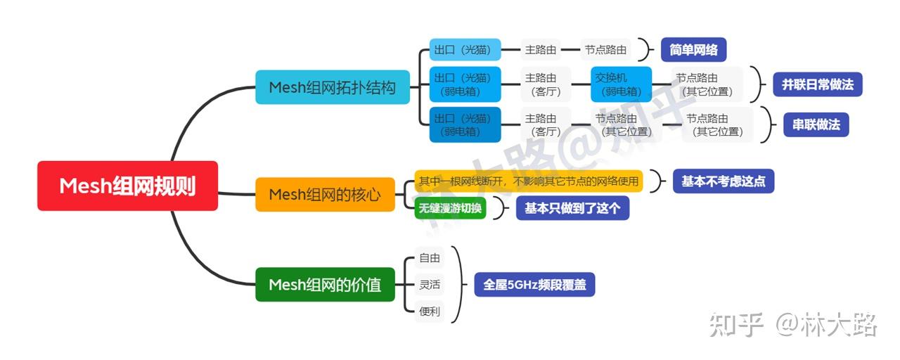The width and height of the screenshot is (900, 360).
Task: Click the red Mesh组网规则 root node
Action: [127, 186]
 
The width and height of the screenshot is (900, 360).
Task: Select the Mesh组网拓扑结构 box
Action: [332, 87]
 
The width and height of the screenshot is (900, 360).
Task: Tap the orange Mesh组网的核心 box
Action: [325, 194]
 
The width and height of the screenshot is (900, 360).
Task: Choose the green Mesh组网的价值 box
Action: [325, 284]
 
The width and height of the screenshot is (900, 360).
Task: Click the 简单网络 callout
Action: [693, 50]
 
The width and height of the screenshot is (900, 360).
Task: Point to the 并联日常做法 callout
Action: [817, 84]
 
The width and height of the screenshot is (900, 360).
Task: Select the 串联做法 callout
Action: [816, 124]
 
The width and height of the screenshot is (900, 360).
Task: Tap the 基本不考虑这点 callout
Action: [723, 181]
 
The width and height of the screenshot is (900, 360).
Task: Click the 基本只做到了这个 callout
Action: [572, 208]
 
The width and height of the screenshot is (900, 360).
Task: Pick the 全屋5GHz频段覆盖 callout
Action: [534, 285]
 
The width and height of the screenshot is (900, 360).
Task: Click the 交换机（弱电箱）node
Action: [621, 84]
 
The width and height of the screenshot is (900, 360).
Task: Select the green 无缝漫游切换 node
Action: [450, 208]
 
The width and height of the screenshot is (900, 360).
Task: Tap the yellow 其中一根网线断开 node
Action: [529, 181]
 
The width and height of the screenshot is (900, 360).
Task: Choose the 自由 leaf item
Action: [429, 258]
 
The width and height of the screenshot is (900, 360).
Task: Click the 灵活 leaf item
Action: [429, 285]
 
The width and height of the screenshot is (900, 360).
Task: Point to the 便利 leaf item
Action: [429, 311]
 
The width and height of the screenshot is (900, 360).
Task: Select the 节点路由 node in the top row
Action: [606, 50]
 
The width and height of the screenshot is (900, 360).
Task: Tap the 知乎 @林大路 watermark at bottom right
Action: [793, 325]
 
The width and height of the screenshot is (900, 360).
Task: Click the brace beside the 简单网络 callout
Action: [643, 50]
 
